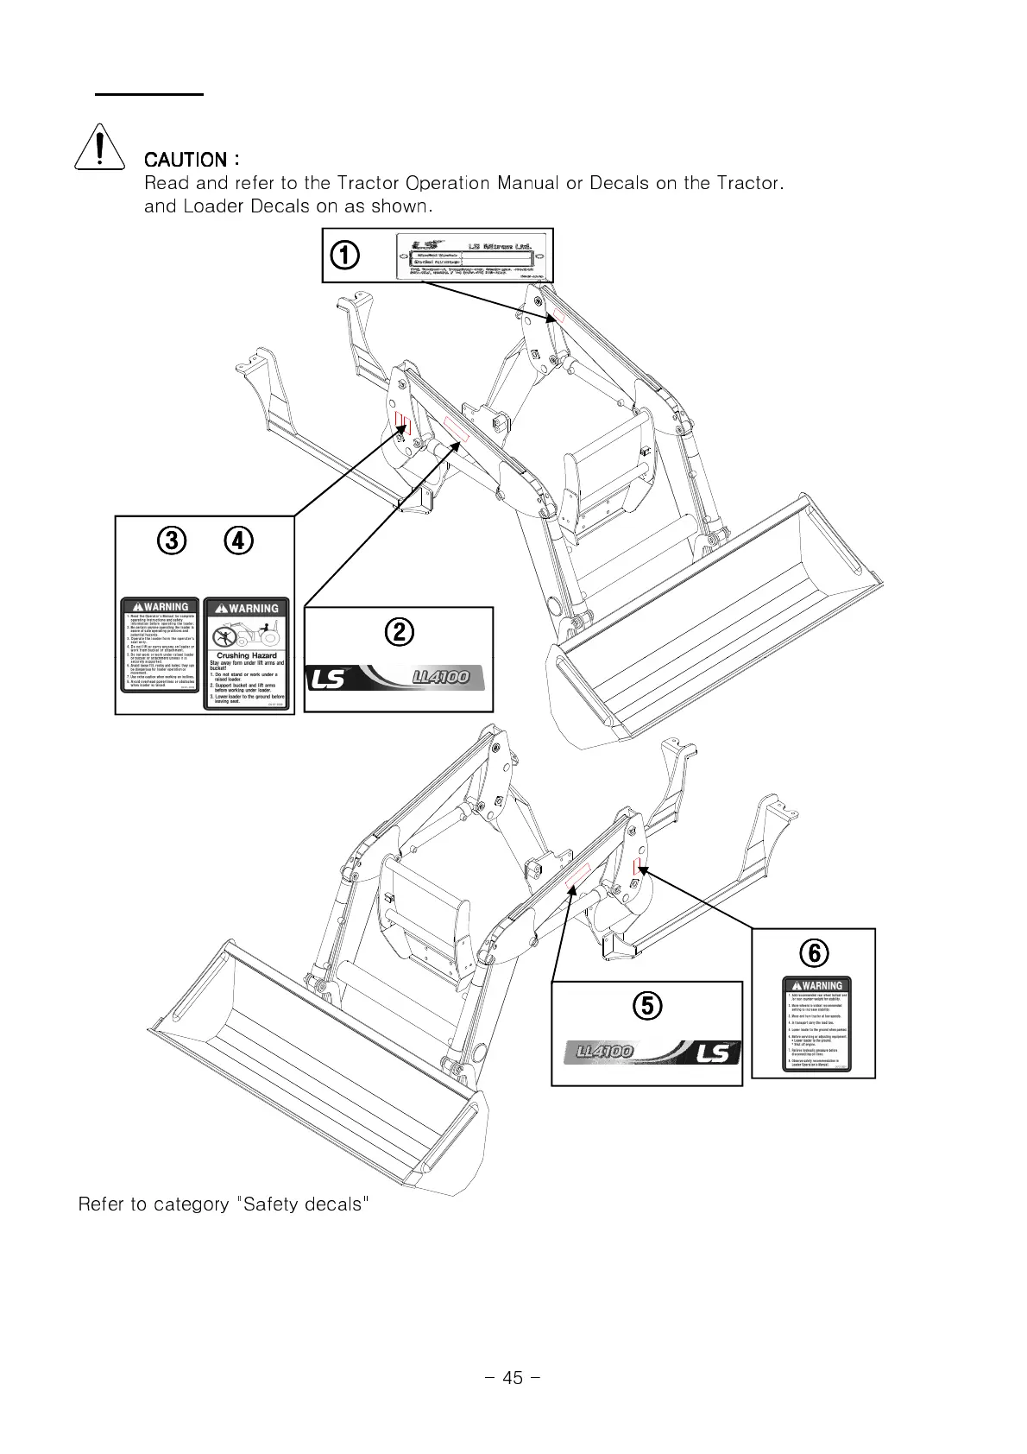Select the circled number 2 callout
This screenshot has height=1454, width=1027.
click(x=399, y=632)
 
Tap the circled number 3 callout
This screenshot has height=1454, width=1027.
click(x=171, y=541)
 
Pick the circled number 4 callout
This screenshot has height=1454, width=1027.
click(x=239, y=541)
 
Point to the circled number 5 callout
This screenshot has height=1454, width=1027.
click(x=647, y=1005)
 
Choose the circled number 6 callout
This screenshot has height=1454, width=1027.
click(x=813, y=952)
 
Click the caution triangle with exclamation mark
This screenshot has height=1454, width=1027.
click(x=102, y=149)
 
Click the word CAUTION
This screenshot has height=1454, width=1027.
click(x=186, y=160)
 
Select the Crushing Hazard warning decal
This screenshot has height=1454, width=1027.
click(x=247, y=654)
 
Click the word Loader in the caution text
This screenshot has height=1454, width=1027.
click(x=214, y=206)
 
